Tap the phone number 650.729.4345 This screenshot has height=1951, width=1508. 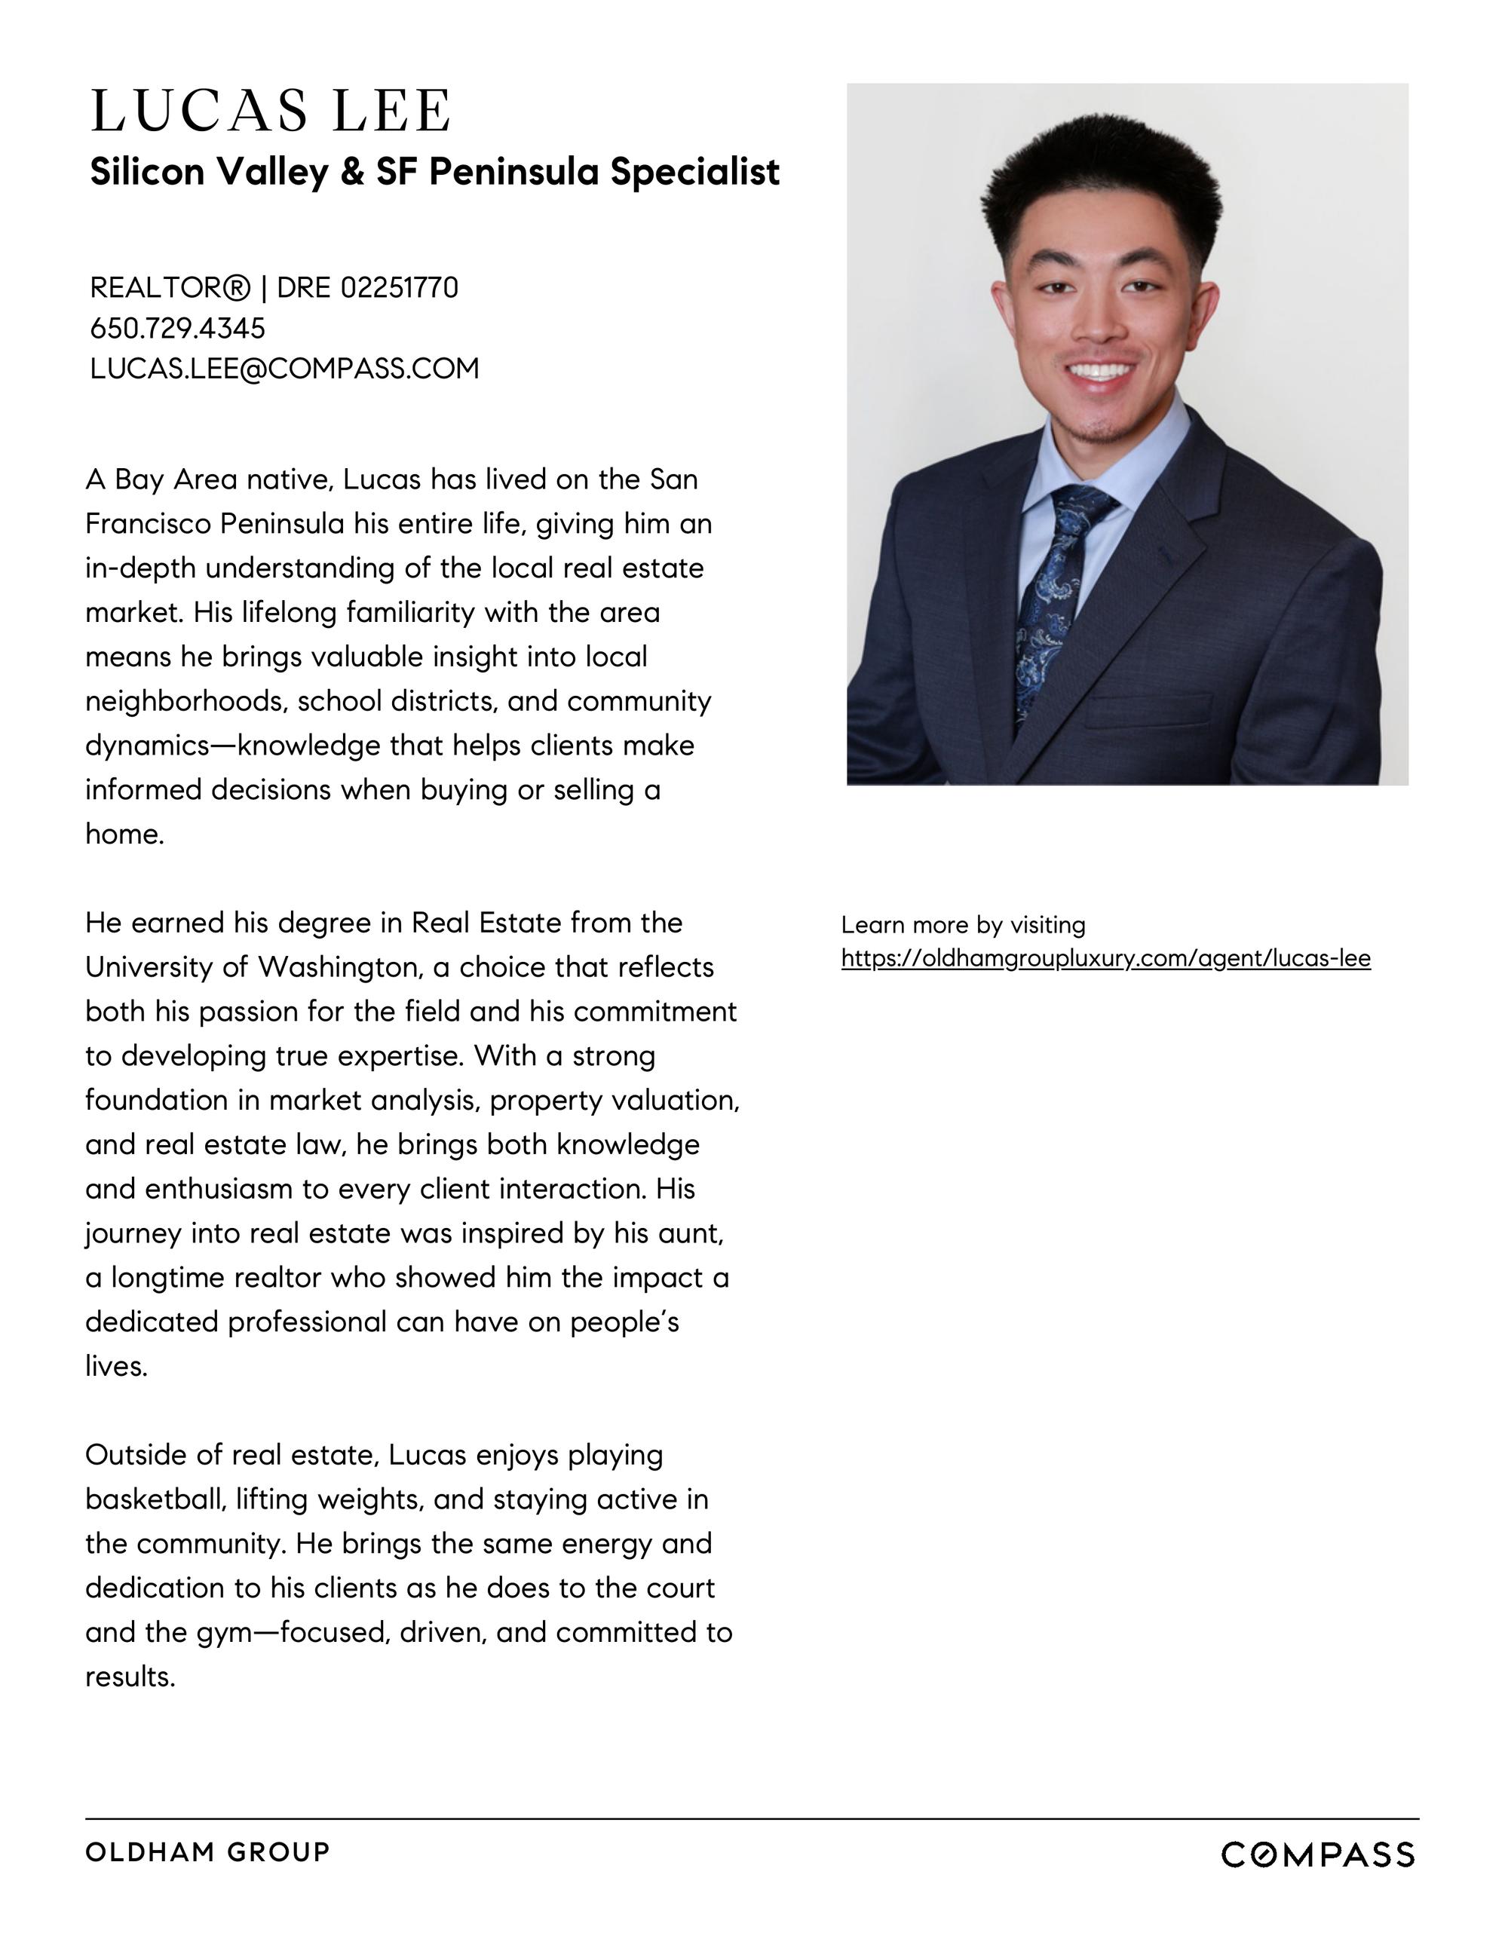pyautogui.click(x=178, y=328)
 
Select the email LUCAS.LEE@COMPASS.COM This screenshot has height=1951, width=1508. pyautogui.click(x=284, y=368)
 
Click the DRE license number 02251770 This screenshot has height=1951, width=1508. pyautogui.click(x=400, y=288)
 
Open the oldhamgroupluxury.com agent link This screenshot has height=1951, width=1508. pyautogui.click(x=1105, y=958)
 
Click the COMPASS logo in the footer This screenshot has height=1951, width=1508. pyautogui.click(x=1316, y=1855)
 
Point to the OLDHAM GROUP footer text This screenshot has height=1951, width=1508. pyautogui.click(x=207, y=1851)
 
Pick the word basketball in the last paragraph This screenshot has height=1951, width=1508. pyautogui.click(x=155, y=1499)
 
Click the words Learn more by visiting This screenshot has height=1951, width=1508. pyautogui.click(x=963, y=924)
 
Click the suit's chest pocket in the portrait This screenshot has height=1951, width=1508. pyautogui.click(x=1149, y=709)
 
